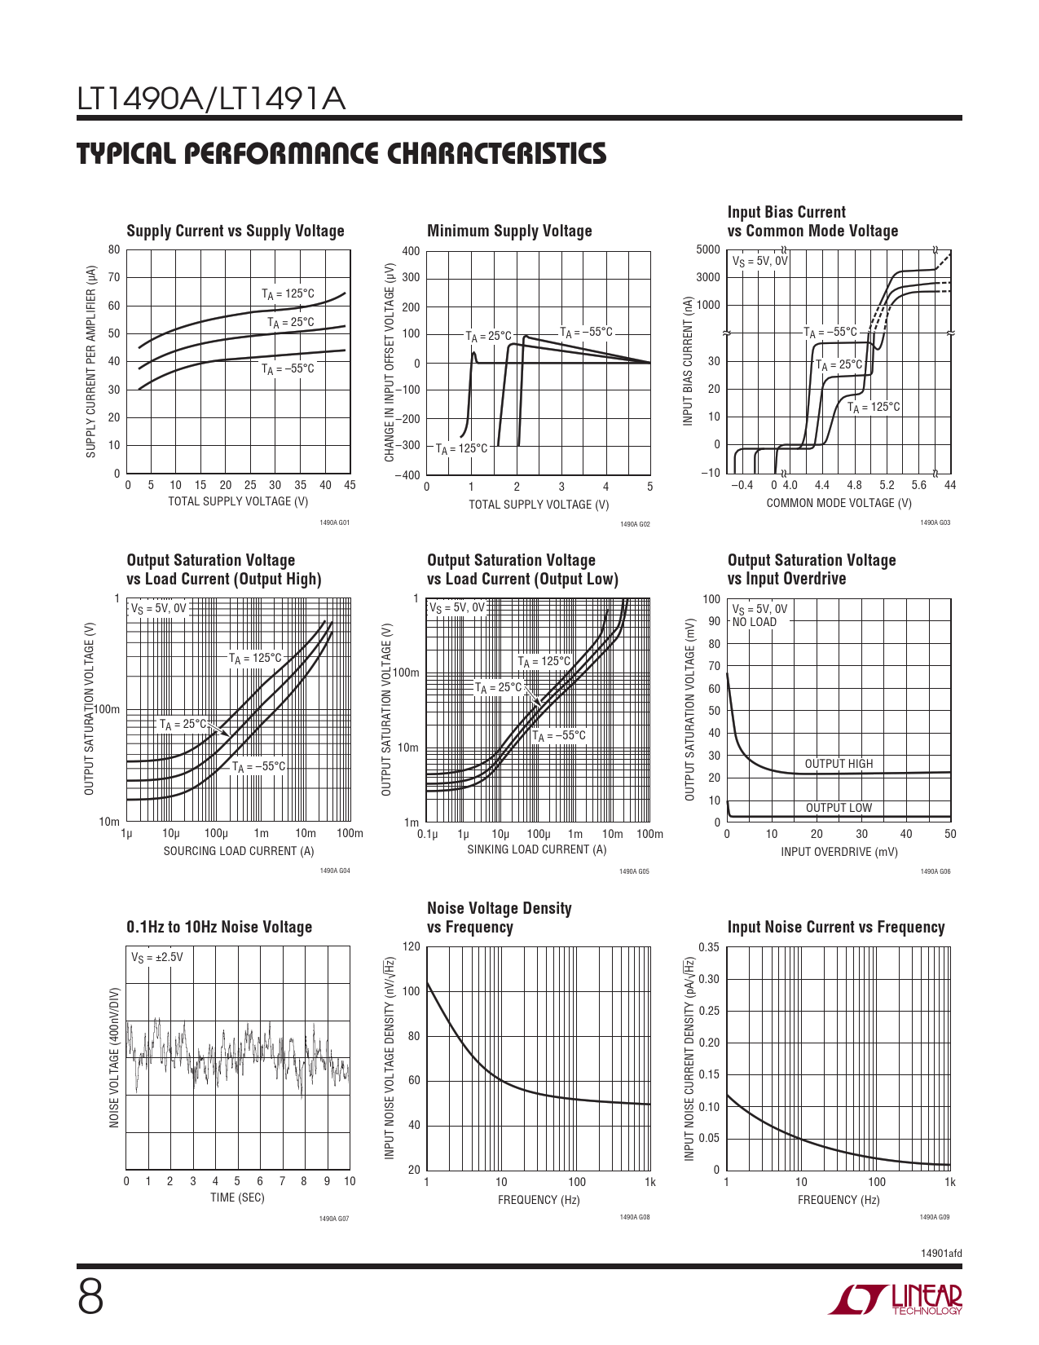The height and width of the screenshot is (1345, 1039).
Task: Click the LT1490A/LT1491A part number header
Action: pos(211,99)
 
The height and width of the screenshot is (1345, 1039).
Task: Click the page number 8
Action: pos(90,1299)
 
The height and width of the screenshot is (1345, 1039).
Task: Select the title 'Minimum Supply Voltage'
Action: pos(509,231)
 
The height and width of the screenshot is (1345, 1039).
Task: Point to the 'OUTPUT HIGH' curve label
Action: pos(839,764)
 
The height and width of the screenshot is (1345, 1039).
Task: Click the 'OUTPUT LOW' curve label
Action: pos(839,808)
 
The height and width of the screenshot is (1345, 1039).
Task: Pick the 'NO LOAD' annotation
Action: pos(755,622)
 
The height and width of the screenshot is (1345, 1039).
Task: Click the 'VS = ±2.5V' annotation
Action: pos(157,957)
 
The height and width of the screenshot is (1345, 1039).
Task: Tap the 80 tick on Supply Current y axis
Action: pos(114,250)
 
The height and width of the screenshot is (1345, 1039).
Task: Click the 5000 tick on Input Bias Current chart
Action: pos(708,250)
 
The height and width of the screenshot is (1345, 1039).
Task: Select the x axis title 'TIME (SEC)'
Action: pos(237,1197)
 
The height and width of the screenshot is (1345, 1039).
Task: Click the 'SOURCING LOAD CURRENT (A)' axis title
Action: pos(239,851)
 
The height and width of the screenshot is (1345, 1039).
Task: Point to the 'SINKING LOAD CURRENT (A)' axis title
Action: pos(537,849)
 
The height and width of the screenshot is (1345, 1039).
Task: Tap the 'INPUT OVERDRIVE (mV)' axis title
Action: pos(839,852)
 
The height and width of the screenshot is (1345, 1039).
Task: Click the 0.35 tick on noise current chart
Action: pos(709,947)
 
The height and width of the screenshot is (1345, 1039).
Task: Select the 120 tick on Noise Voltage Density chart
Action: pos(412,946)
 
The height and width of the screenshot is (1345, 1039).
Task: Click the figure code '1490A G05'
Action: pos(634,871)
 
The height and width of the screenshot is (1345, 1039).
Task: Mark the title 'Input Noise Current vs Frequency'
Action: pos(836,927)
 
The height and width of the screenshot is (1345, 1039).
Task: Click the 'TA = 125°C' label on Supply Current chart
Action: pos(288,294)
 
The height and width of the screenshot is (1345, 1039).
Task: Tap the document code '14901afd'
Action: pos(941,1254)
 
